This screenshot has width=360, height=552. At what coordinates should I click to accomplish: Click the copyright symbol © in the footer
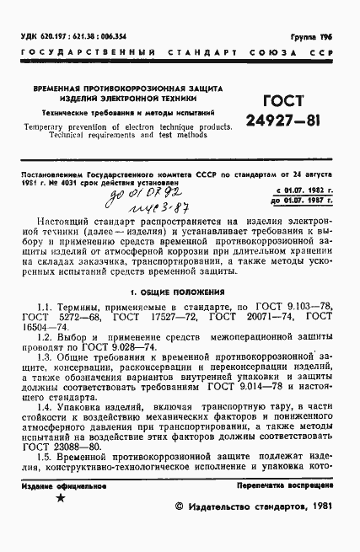178,508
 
